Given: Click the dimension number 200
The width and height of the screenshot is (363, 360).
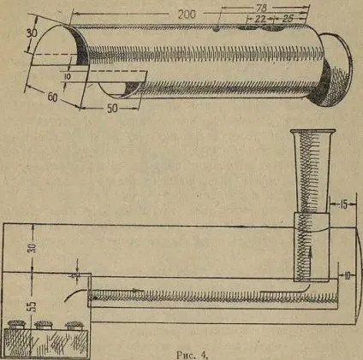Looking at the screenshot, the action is tap(187, 15).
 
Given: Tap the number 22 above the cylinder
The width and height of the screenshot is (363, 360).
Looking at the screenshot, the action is tap(260, 19).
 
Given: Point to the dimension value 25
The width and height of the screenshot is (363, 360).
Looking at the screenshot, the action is tap(288, 19).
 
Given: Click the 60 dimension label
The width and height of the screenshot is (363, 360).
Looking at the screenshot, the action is tap(52, 97).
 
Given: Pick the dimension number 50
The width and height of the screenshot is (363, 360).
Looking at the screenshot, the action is tap(112, 109).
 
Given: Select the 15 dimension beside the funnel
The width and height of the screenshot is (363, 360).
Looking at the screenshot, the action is tap(344, 204).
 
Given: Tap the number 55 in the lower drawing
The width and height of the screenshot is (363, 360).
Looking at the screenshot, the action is tap(33, 305).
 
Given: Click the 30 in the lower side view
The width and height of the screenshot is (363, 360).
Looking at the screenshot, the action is tap(33, 248).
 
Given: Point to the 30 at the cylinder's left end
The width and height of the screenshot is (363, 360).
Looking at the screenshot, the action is tap(33, 34).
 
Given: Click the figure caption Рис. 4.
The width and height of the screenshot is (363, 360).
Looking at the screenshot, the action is tap(190, 355).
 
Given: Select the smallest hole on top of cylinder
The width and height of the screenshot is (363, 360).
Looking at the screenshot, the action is tap(217, 29).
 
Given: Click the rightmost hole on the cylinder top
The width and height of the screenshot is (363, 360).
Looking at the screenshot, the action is tap(273, 27).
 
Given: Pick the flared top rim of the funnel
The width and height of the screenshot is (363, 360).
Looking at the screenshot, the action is tap(312, 132).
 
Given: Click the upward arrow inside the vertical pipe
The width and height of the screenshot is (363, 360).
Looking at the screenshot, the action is tap(311, 259).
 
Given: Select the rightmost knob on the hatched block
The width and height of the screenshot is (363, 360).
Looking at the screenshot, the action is tap(74, 325).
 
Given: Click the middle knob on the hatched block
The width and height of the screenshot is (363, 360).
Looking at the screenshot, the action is tap(44, 325).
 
